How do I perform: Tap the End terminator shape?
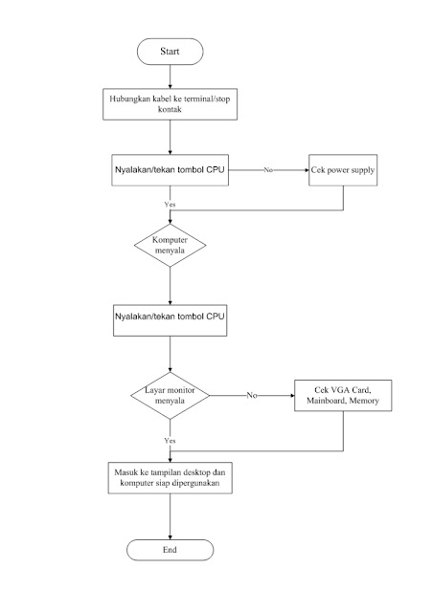pos(170,550)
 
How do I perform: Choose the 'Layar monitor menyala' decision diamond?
pos(170,395)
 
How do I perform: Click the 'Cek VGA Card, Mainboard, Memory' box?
pos(343,396)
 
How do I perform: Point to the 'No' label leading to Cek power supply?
pos(268,169)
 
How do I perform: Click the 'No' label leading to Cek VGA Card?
pos(251,395)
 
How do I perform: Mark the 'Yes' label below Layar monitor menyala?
pos(170,440)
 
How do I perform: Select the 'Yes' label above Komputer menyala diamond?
pos(170,204)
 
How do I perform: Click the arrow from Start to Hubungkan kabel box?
pos(170,75)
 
